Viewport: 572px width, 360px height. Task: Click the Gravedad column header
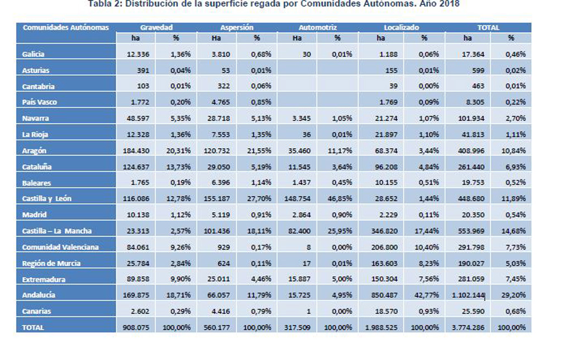coord(156,27)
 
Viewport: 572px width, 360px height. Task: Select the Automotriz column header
coord(317,27)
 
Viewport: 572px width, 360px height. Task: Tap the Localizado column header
coord(401,27)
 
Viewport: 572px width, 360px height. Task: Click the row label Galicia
coord(34,54)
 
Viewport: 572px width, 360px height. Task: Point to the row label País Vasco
coord(40,102)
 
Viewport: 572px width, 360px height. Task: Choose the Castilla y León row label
coord(47,199)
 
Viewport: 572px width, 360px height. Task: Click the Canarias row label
coord(37,311)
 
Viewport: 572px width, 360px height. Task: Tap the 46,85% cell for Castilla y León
coord(337,199)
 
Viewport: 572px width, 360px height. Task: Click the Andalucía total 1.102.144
coord(468,295)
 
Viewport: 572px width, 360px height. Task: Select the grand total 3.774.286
coord(468,328)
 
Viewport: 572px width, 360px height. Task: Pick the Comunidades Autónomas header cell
coord(66,27)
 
